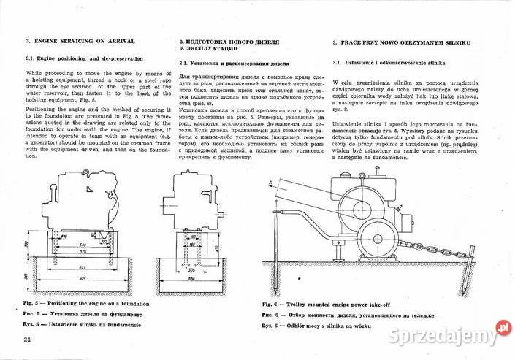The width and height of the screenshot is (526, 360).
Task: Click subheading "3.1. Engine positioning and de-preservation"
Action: [84, 58]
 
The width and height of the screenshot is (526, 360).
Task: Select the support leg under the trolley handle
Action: [339, 253]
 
